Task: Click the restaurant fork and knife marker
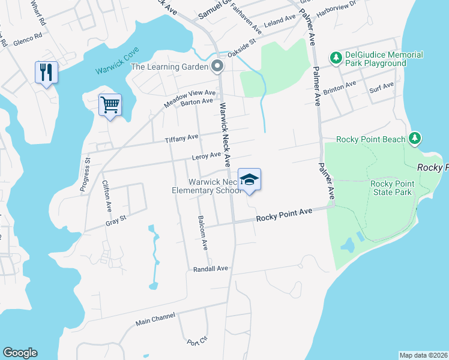[x=46, y=73]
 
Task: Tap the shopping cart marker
[x=110, y=105]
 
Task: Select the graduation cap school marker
[x=250, y=179]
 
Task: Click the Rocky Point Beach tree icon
[x=414, y=139]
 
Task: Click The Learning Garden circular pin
[x=217, y=67]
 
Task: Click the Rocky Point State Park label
[x=391, y=188]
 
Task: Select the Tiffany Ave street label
[x=181, y=138]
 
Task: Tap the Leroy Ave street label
[x=206, y=156]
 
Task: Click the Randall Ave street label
[x=211, y=269]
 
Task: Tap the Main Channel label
[x=155, y=319]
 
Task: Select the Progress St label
[x=85, y=175]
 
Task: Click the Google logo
[x=20, y=353]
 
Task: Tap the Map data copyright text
[x=423, y=355]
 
